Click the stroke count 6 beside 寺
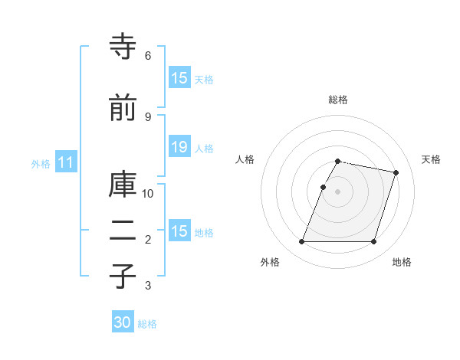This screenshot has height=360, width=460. [148, 56]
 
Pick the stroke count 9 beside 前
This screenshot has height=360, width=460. [148, 116]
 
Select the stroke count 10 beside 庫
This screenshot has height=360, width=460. [148, 193]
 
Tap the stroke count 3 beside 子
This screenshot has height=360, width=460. [148, 286]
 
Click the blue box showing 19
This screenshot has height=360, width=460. [179, 148]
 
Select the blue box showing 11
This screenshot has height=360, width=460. [65, 162]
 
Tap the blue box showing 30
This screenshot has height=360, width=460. [123, 323]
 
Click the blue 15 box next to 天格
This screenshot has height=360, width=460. [179, 78]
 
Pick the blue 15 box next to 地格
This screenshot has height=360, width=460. [179, 231]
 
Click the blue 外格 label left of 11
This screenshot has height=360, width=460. [41, 163]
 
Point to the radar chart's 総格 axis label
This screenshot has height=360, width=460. [338, 100]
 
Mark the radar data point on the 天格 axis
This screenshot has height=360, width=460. [396, 173]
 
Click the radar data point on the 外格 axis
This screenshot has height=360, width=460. [302, 242]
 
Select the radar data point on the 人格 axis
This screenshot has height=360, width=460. [324, 187]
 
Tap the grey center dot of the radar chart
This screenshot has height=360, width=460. [338, 191]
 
